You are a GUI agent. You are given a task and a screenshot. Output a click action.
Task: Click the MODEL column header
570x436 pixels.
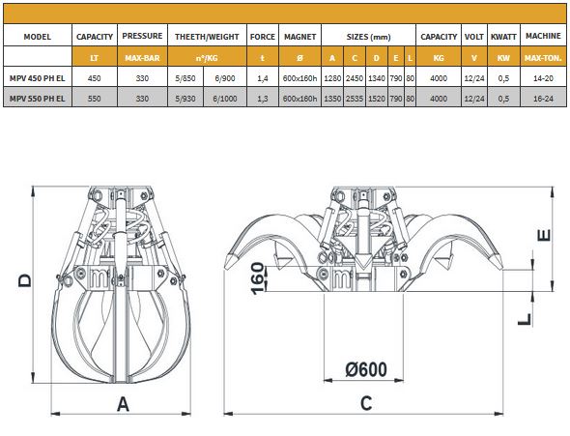(37, 37)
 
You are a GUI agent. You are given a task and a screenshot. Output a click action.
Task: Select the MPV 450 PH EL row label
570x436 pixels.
(37, 78)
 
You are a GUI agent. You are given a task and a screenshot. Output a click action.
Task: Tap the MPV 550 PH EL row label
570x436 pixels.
(37, 99)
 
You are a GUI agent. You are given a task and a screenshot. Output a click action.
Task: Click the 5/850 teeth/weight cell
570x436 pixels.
(185, 78)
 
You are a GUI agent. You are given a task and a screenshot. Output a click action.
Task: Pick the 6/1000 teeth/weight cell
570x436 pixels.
(225, 99)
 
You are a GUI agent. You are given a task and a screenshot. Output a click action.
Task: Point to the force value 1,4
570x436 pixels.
(263, 78)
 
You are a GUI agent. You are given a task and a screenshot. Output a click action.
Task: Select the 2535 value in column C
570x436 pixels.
(355, 99)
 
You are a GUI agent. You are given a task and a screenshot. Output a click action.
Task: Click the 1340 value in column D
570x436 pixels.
(377, 78)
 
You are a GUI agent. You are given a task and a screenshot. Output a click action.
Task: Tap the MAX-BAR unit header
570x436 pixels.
(142, 58)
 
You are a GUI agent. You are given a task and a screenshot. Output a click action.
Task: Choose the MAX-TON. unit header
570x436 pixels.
(543, 58)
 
